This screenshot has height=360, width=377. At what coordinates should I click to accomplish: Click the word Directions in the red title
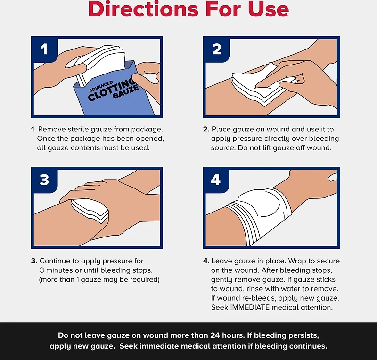point(143,9)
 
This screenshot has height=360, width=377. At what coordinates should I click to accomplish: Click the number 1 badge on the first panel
point(44,49)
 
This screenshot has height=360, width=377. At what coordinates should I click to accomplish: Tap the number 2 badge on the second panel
point(217,49)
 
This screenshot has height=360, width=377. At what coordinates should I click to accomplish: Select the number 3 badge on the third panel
point(44,180)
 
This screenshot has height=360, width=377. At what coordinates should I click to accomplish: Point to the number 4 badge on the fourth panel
point(216,180)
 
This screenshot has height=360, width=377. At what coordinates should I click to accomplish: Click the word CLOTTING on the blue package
point(111,90)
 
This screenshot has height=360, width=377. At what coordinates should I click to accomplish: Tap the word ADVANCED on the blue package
point(101,87)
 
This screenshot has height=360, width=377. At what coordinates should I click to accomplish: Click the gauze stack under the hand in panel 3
point(90,211)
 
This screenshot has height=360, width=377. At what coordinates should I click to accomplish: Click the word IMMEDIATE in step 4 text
point(250,307)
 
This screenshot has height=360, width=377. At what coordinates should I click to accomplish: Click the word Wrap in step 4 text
point(297,261)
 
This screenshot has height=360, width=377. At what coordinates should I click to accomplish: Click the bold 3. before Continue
point(34,261)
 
